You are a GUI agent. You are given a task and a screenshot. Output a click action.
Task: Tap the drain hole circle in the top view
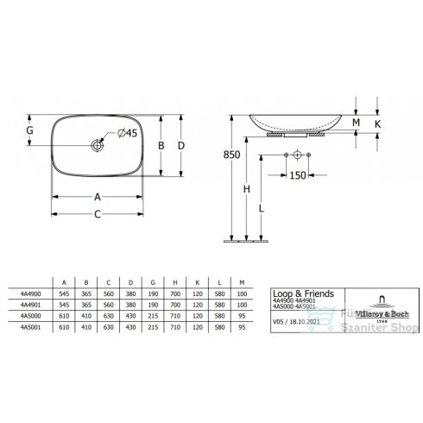(98, 147)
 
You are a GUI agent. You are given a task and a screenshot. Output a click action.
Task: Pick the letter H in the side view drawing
(247, 189)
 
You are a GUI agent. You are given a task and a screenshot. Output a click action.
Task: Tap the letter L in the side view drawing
(262, 207)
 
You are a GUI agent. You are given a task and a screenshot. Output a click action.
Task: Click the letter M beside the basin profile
(356, 124)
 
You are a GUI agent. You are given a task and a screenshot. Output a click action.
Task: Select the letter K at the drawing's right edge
(378, 124)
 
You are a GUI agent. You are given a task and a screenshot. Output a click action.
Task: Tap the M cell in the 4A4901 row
(243, 304)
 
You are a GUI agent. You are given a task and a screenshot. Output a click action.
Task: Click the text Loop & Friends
(295, 293)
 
